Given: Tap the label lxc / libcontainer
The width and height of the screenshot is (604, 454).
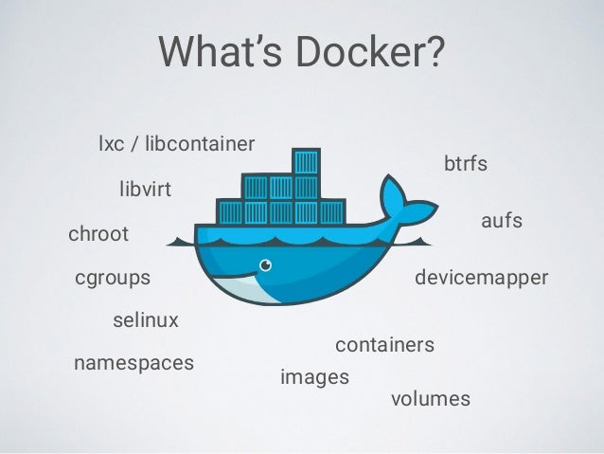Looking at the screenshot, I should click(x=176, y=145).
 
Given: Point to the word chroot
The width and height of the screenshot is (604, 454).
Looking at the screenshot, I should click(x=98, y=234).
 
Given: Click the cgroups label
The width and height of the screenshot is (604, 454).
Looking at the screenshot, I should click(x=112, y=279).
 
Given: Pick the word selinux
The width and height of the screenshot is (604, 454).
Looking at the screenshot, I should click(x=146, y=320).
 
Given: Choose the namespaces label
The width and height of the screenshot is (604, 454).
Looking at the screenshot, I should click(x=133, y=362).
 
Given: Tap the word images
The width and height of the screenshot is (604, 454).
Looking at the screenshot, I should click(x=315, y=377).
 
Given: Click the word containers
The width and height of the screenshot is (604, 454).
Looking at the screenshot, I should click(x=385, y=345).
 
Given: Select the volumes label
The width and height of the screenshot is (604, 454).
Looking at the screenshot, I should click(x=431, y=399).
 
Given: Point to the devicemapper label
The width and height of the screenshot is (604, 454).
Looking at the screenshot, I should click(x=482, y=279).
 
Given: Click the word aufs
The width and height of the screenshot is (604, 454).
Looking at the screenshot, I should click(x=503, y=221).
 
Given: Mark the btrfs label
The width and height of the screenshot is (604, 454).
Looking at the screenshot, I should click(x=466, y=164).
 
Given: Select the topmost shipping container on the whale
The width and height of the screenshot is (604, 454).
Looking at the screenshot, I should click(x=305, y=160).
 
